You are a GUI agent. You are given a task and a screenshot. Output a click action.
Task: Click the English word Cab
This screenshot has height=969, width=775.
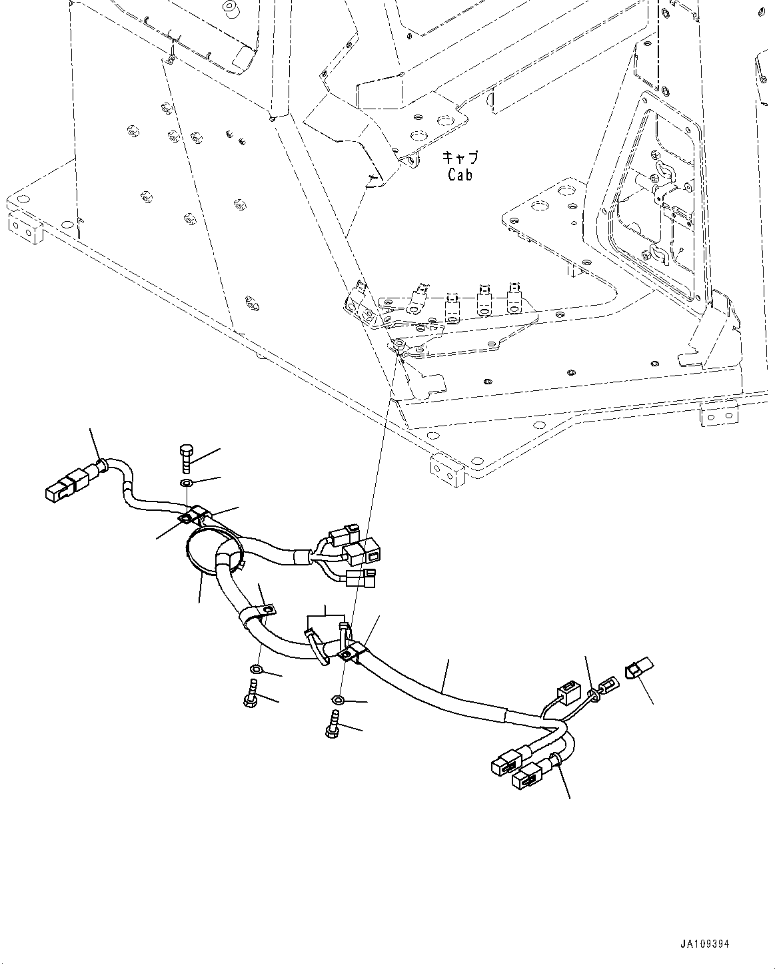click(x=460, y=175)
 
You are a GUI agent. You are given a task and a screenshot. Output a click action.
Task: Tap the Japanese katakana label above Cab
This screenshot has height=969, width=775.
click(x=460, y=159)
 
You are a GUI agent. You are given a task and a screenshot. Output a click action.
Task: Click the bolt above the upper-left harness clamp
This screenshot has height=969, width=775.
click(x=186, y=458)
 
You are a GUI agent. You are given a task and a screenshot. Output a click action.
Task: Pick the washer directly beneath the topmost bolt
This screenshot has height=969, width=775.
click(x=187, y=483)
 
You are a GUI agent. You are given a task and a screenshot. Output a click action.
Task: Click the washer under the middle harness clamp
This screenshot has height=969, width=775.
click(x=257, y=669)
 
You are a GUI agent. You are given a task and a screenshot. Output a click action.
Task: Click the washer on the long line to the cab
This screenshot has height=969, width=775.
click(x=338, y=700)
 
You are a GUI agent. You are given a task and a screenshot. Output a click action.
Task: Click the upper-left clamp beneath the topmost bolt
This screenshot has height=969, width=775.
click(x=193, y=515)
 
